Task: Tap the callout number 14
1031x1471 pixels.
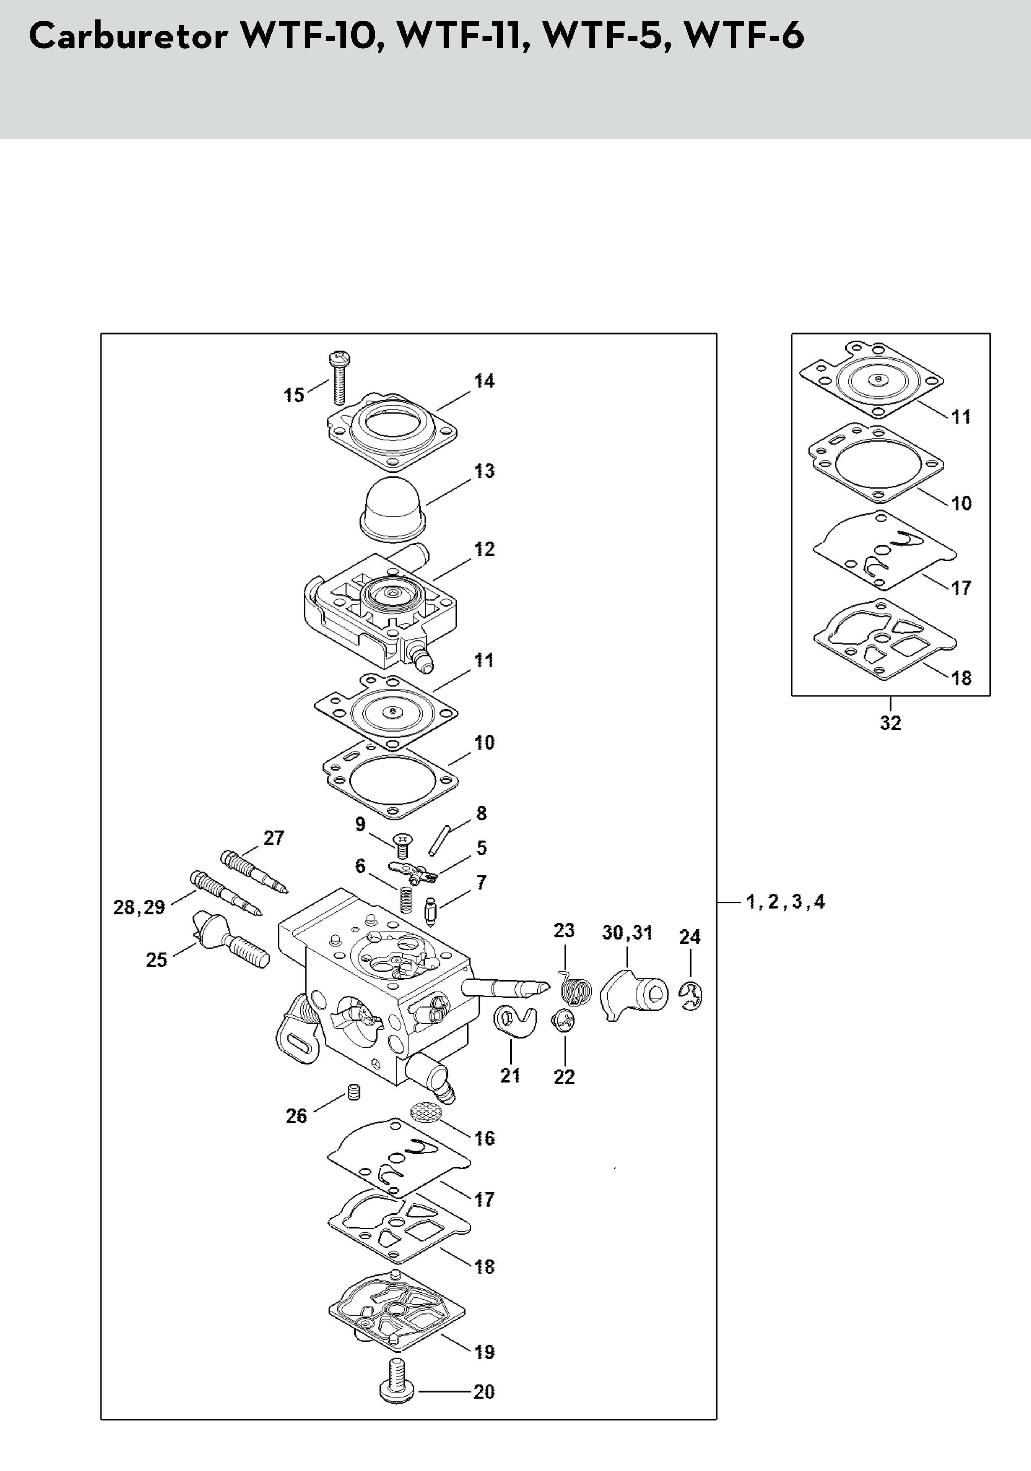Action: pos(484,381)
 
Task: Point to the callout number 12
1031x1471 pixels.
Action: pos(484,550)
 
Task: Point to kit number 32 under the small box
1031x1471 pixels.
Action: pos(890,723)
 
